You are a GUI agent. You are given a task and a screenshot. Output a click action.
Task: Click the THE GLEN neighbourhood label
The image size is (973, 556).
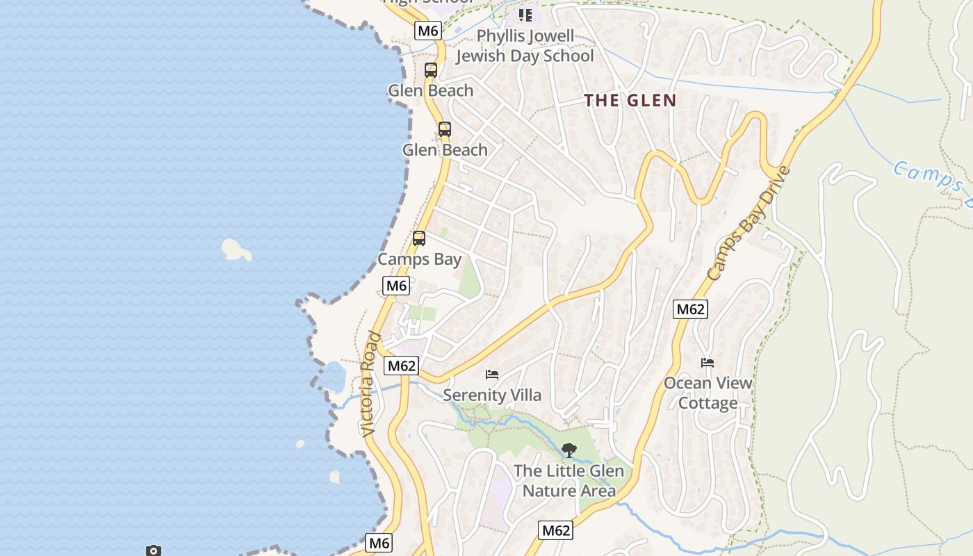630,100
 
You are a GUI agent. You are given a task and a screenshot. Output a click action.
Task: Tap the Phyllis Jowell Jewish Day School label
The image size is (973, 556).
525,46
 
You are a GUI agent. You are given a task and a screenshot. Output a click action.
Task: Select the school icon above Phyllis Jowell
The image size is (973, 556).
525,15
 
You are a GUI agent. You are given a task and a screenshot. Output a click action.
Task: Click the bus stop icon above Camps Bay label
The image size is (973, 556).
418,238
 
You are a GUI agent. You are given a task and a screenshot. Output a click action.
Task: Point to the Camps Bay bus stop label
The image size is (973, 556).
419,259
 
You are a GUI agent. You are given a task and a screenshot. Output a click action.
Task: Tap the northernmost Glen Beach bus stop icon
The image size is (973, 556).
431,70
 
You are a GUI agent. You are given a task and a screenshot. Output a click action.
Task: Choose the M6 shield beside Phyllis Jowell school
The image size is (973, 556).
428,31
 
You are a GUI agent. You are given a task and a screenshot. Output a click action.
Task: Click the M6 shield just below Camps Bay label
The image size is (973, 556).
396,286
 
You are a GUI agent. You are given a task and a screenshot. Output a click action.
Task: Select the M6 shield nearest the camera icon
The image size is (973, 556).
379,543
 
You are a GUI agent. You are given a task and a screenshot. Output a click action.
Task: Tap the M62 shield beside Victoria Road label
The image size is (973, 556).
402,366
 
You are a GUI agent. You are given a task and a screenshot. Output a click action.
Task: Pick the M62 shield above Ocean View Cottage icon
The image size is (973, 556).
690,309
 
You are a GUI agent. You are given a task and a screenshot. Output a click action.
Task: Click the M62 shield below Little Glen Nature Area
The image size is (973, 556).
556,530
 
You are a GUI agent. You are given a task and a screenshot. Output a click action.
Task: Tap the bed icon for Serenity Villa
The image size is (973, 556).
492,375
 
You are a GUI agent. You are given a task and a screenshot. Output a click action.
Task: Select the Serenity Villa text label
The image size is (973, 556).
492,395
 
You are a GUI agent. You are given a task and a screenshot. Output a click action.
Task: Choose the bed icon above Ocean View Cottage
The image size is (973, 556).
708,363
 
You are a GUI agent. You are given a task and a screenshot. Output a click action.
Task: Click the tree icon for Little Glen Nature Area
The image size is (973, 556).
569,450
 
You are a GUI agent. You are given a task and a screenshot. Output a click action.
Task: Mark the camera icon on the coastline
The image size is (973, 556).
154,550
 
